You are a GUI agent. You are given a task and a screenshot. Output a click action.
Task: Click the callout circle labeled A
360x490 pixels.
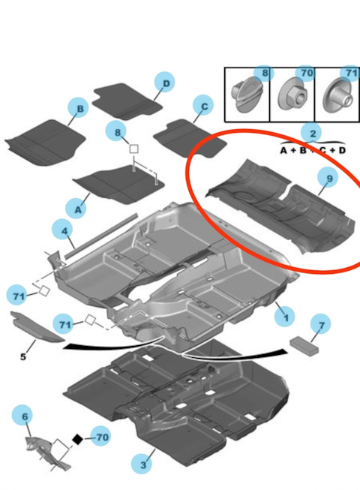[x=77, y=209]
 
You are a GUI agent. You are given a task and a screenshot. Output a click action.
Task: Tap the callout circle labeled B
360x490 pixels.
[x=79, y=108]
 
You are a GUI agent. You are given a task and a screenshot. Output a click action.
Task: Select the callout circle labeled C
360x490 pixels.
[x=204, y=106]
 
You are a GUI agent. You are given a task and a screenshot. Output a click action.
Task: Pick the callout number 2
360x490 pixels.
[x=313, y=134]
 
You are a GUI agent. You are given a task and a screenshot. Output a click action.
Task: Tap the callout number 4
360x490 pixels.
[x=64, y=231]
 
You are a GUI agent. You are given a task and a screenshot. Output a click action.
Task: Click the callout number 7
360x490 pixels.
[x=322, y=325]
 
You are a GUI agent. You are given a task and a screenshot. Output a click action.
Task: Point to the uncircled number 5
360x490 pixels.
[x=23, y=356]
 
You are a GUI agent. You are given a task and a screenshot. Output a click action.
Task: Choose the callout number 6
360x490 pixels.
[x=24, y=416]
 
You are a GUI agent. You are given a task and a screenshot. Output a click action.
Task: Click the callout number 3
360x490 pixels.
[x=142, y=464]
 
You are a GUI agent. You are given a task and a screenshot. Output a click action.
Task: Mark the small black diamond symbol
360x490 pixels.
[x=77, y=440]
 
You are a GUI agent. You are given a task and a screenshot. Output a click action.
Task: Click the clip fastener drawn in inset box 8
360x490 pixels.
[x=247, y=95]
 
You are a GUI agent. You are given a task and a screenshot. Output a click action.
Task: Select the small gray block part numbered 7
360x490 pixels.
[x=304, y=346]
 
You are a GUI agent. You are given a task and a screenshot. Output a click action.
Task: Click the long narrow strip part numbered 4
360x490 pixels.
[x=100, y=236]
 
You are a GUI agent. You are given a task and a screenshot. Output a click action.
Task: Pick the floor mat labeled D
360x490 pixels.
[x=127, y=101]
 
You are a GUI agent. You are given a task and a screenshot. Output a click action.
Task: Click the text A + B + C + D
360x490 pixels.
[x=313, y=150]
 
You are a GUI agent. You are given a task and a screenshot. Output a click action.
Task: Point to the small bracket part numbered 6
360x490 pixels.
[x=46, y=452]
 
